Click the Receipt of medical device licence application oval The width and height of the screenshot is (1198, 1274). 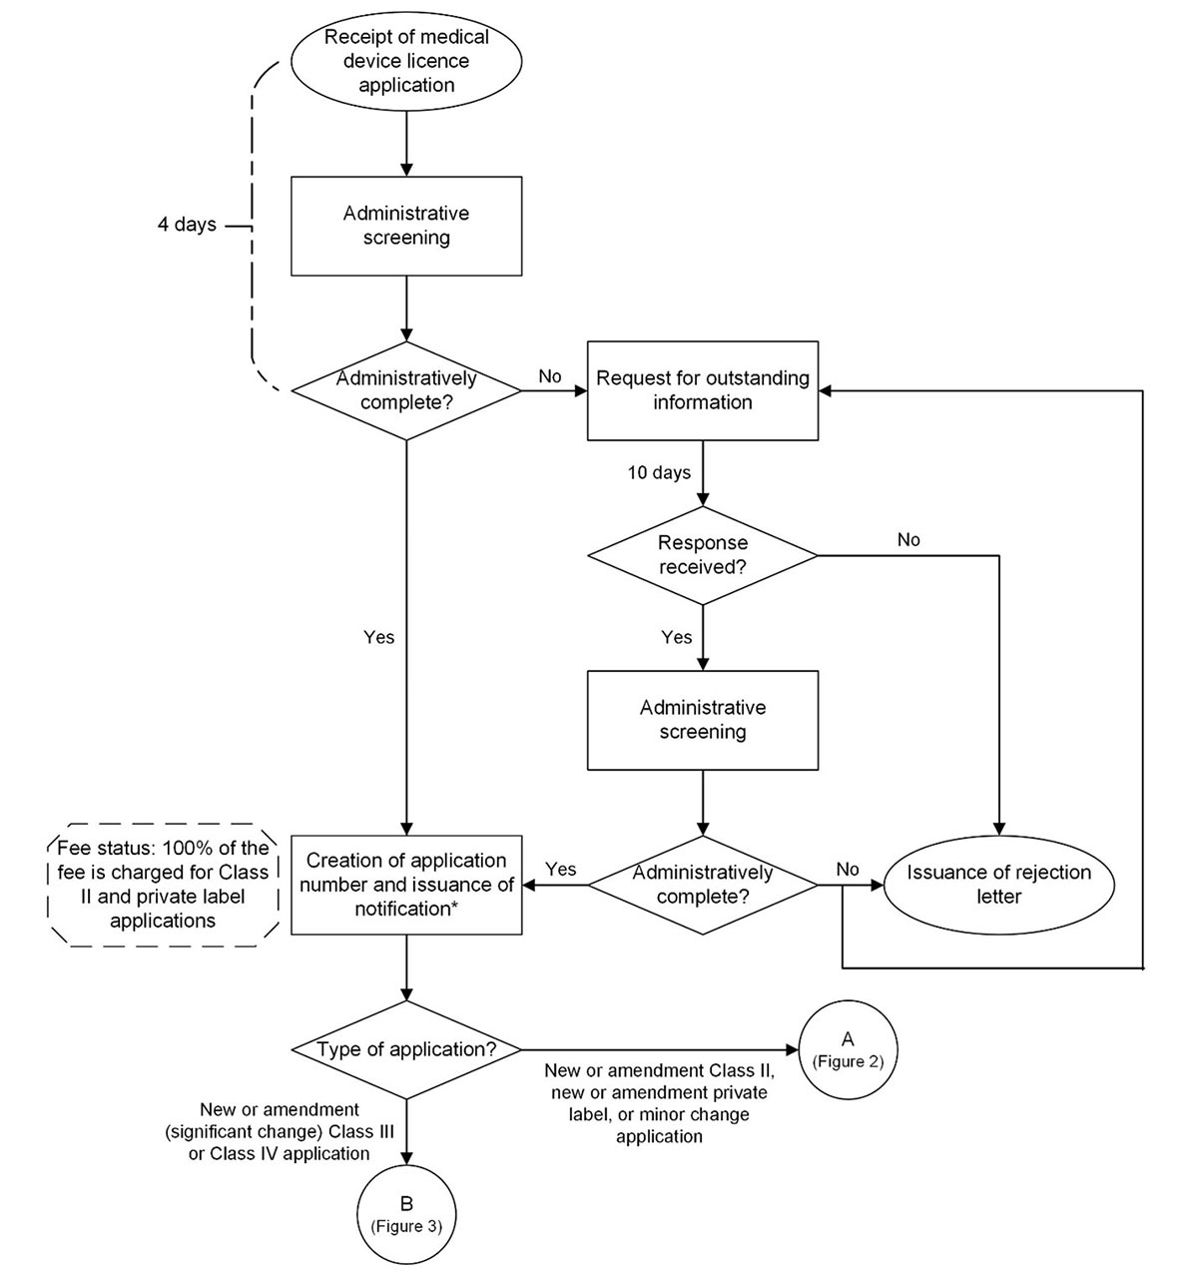click(x=406, y=61)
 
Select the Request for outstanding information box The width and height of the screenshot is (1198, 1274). click(x=702, y=390)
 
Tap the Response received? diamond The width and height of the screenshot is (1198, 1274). click(x=702, y=555)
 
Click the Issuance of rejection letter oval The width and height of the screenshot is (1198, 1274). click(x=998, y=885)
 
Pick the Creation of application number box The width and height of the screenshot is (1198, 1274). click(x=406, y=885)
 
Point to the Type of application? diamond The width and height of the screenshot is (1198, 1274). click(x=406, y=1049)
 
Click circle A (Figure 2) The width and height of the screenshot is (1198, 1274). click(x=848, y=1049)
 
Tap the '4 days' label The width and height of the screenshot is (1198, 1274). click(x=187, y=225)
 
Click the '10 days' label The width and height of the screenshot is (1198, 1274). click(x=659, y=472)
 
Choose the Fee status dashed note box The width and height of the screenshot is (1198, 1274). click(x=163, y=885)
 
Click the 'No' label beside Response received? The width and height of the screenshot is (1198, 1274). click(x=908, y=540)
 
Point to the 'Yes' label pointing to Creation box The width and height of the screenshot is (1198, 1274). click(x=561, y=870)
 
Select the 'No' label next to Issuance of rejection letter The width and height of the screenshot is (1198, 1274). click(x=848, y=870)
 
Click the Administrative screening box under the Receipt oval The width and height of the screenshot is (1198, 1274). click(x=406, y=226)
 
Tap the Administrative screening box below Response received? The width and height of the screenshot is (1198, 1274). click(x=702, y=720)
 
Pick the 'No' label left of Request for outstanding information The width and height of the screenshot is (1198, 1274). click(x=550, y=376)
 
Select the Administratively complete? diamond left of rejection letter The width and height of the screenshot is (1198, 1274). click(x=702, y=885)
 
